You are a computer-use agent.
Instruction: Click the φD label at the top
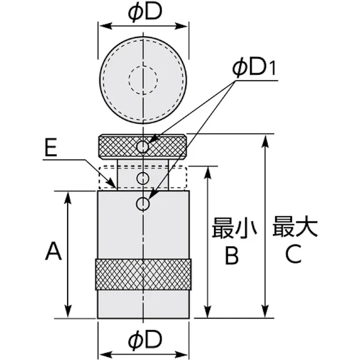click(x=145, y=12)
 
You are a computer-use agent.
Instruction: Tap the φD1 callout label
click(x=254, y=68)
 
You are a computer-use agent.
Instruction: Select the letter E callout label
click(x=50, y=147)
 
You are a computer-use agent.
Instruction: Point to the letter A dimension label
click(x=53, y=251)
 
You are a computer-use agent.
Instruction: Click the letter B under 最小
click(x=232, y=255)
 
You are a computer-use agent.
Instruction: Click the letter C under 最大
click(x=293, y=253)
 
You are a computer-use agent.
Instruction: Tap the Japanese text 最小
click(x=234, y=228)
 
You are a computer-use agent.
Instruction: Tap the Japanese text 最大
click(x=295, y=226)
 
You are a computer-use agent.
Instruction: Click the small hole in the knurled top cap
click(x=142, y=146)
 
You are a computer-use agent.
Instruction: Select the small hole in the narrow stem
click(x=142, y=178)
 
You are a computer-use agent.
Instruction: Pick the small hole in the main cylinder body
click(x=142, y=203)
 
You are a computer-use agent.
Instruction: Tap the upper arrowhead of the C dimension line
click(x=266, y=141)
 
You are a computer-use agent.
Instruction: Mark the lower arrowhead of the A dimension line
click(x=68, y=312)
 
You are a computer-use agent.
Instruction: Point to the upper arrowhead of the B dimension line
click(x=208, y=173)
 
